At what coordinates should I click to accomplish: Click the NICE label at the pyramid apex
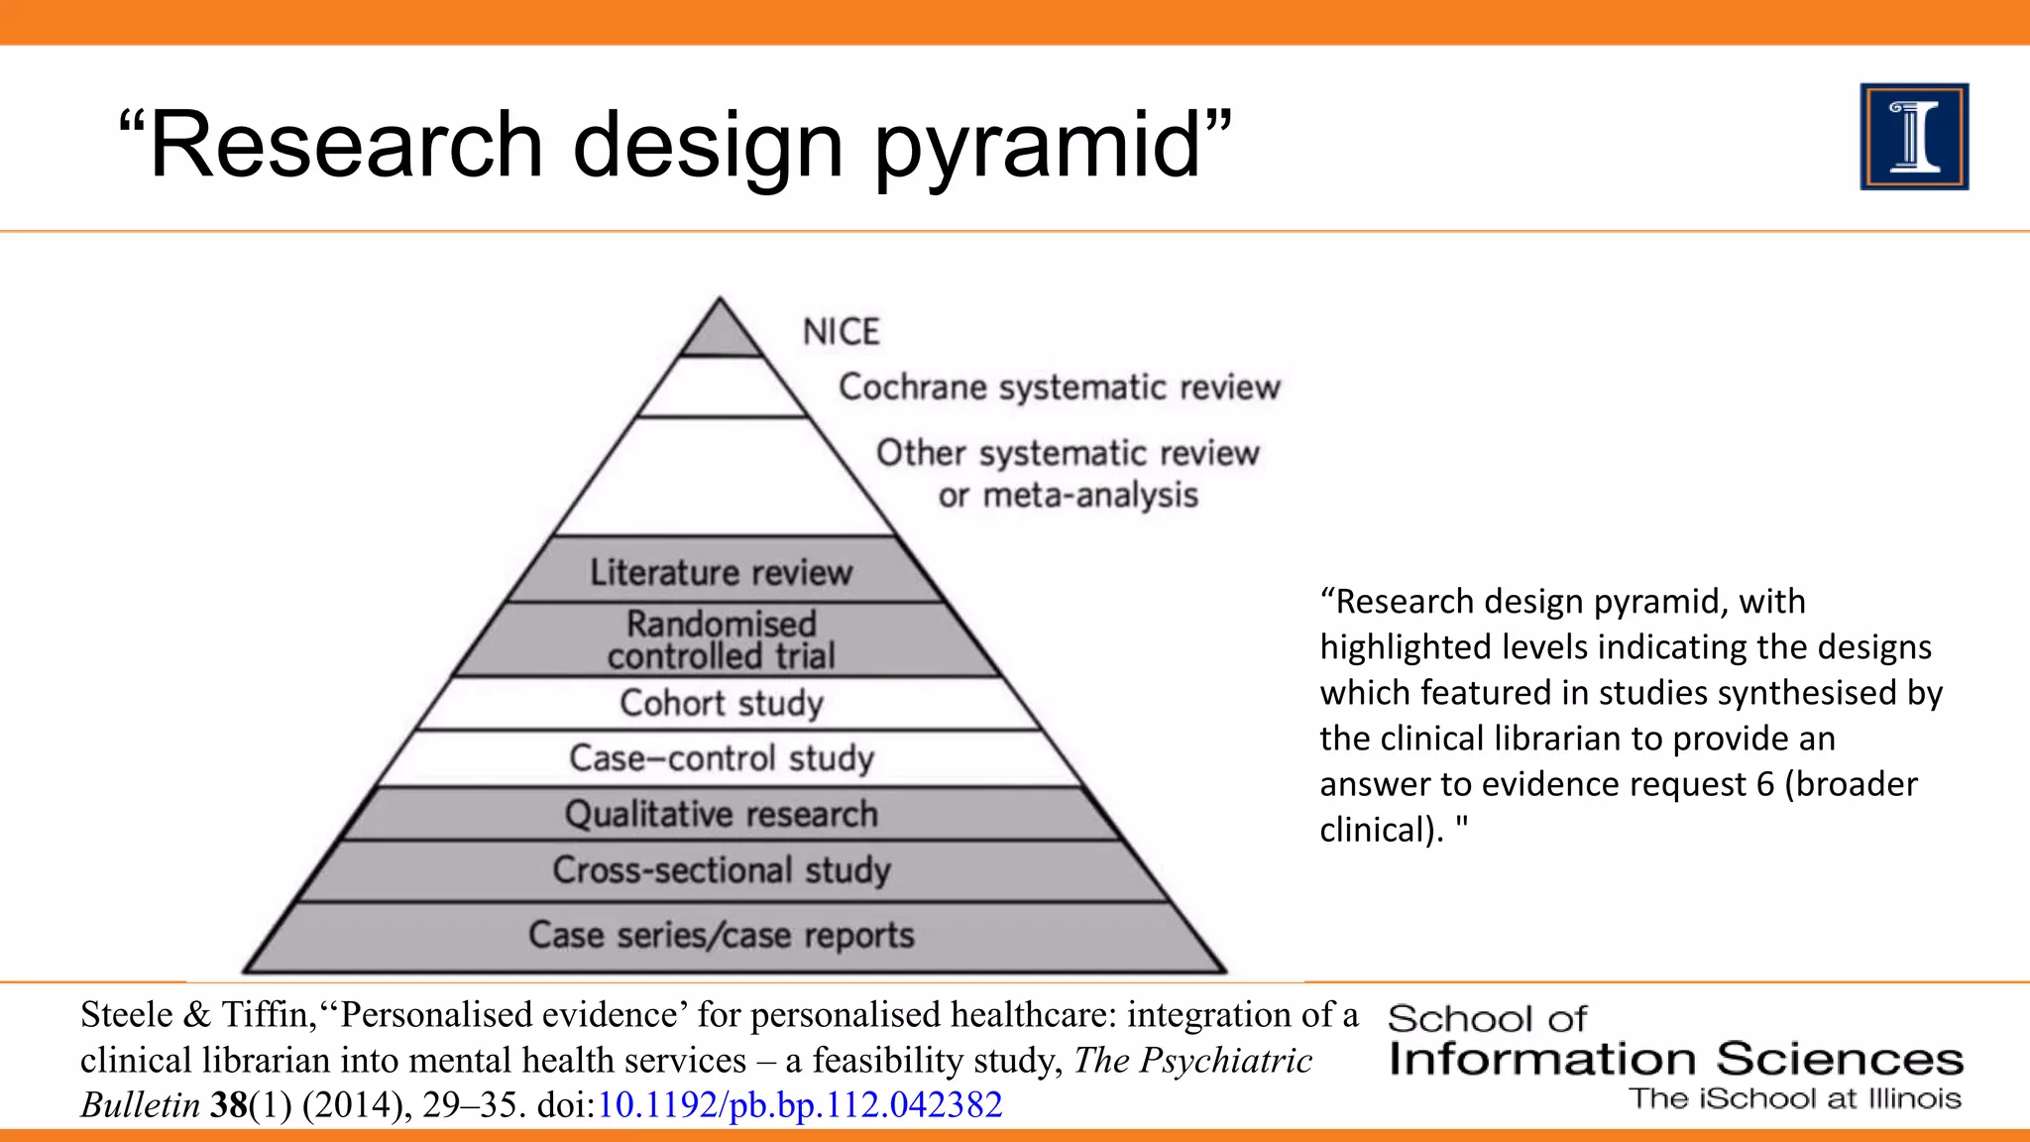841,331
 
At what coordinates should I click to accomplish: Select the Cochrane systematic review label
1059,387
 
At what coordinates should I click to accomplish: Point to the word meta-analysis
1090,495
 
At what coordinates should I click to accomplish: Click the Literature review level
721,572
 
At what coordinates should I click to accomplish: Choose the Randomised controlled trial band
721,639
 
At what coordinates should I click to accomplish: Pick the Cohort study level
721,703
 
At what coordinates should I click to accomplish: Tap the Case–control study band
721,758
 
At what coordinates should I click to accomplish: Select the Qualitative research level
721,814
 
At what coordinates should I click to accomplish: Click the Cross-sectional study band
721,870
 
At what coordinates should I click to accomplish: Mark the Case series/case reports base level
721,935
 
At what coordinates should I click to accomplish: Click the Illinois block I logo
1914,137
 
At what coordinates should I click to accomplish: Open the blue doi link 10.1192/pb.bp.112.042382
799,1104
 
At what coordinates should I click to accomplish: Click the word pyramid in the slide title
1037,146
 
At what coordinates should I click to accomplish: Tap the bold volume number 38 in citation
228,1104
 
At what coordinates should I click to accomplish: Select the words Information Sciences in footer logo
1675,1059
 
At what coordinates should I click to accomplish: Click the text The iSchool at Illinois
1794,1098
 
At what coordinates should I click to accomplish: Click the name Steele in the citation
127,1014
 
